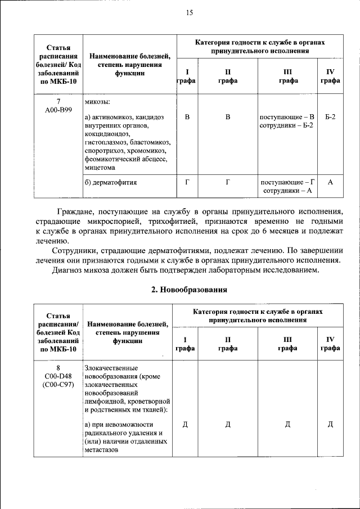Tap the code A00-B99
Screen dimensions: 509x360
click(x=58, y=110)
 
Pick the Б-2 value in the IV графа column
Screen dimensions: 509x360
click(x=330, y=117)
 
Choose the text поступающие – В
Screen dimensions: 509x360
click(x=287, y=117)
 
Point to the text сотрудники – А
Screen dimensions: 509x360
click(x=287, y=191)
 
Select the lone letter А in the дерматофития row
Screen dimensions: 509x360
click(x=330, y=182)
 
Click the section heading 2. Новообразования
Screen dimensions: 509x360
click(x=188, y=290)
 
